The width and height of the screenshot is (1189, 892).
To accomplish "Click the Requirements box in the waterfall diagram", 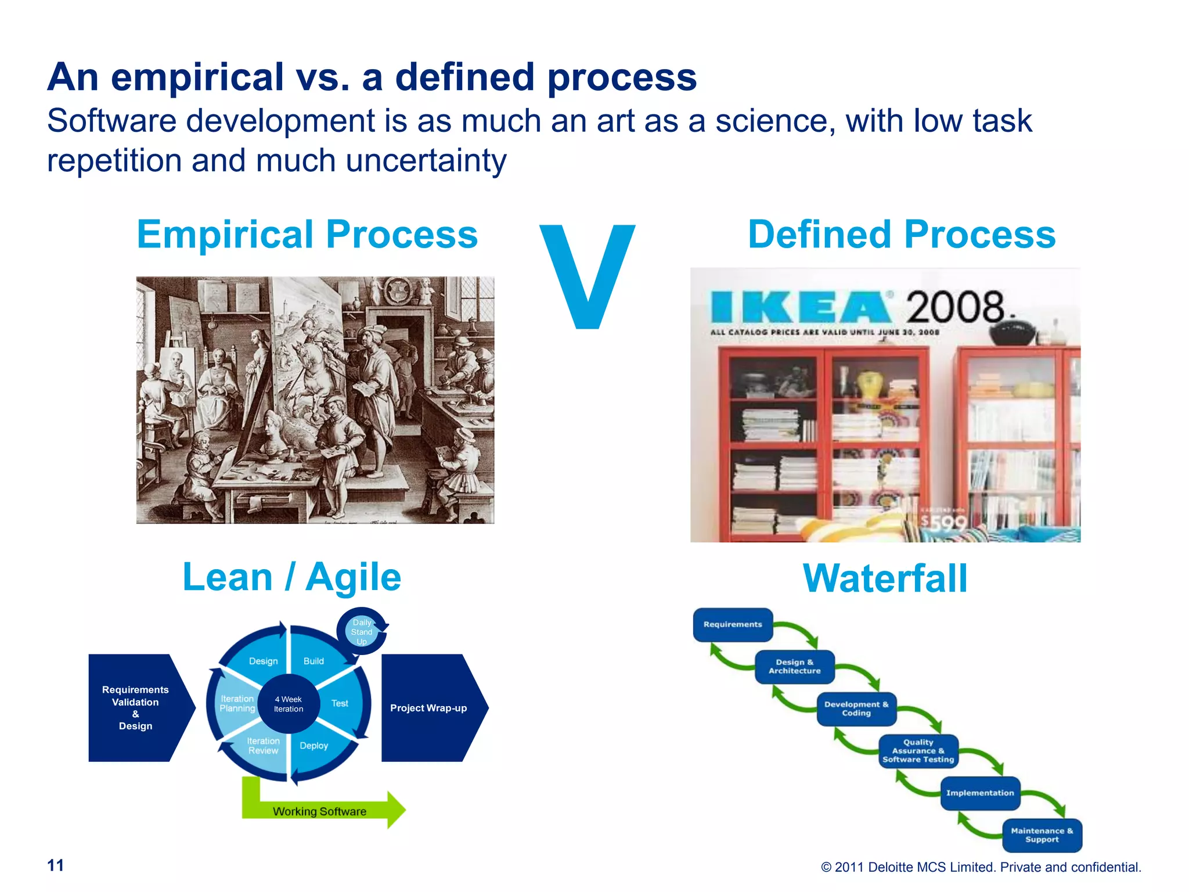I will [732, 624].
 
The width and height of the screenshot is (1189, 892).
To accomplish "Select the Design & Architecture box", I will [794, 666].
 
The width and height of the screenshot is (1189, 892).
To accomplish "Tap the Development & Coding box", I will [856, 708].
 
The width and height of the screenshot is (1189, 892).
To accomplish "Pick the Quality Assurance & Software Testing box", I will [918, 751].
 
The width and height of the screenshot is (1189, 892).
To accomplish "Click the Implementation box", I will [980, 793].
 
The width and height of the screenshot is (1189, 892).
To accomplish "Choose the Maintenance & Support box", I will [1042, 835].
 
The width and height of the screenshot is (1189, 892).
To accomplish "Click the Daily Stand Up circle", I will [362, 632].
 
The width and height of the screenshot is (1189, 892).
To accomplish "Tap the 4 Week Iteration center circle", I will [289, 704].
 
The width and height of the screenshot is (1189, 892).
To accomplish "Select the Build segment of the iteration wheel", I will [314, 661].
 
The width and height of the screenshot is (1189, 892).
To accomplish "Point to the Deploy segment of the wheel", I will [314, 746].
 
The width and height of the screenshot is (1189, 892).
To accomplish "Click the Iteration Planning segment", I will [237, 703].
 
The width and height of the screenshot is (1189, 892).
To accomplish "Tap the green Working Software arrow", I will [325, 811].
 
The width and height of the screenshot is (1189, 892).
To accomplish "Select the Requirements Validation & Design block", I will [135, 708].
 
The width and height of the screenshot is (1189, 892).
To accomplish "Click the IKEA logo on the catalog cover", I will [801, 307].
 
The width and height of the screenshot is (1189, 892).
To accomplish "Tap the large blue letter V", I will [587, 276].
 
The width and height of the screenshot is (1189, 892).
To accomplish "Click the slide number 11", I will [56, 865].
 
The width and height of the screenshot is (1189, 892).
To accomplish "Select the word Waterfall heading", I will [885, 578].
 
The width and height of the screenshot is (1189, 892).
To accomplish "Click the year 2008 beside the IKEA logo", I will [956, 307].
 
